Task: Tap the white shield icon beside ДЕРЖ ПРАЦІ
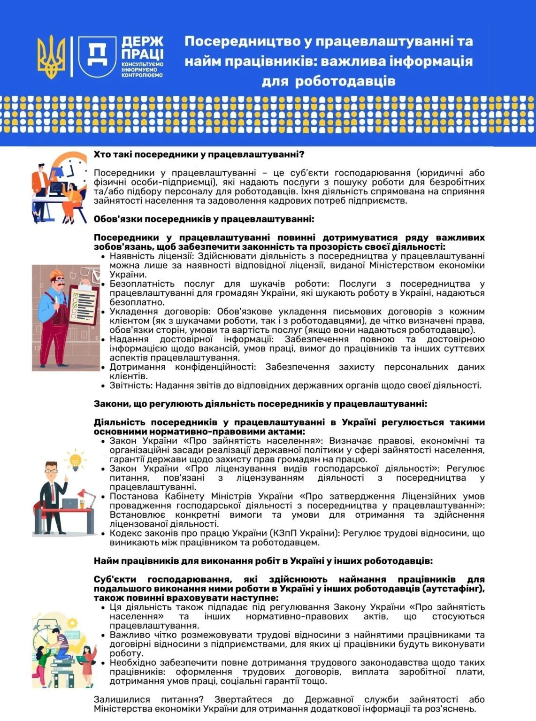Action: click(97, 56)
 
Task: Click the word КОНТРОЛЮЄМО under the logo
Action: click(142, 75)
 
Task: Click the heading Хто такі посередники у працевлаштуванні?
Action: click(199, 154)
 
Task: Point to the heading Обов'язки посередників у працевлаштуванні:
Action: click(204, 219)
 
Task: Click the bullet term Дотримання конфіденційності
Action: click(183, 367)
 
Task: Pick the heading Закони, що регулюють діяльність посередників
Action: click(260, 404)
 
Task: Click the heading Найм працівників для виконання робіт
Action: click(263, 561)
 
